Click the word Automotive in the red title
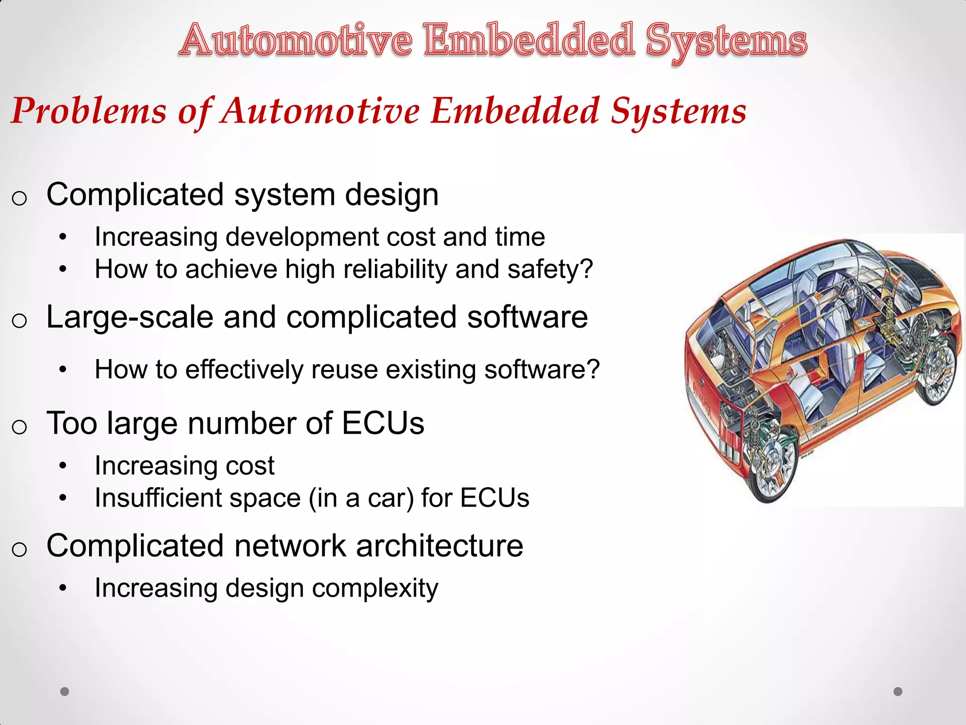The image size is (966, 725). [296, 42]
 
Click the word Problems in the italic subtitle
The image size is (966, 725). [89, 111]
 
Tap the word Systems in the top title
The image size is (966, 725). [726, 42]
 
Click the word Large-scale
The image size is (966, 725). [129, 317]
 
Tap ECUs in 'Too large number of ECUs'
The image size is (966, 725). [383, 423]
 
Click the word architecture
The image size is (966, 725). [439, 546]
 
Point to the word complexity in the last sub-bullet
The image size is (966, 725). [375, 589]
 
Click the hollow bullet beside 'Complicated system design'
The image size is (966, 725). [19, 198]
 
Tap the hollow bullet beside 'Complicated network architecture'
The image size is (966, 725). [19, 549]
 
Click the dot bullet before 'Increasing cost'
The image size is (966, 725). [63, 466]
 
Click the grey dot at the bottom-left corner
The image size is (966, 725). [65, 691]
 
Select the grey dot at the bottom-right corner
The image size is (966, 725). [898, 691]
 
